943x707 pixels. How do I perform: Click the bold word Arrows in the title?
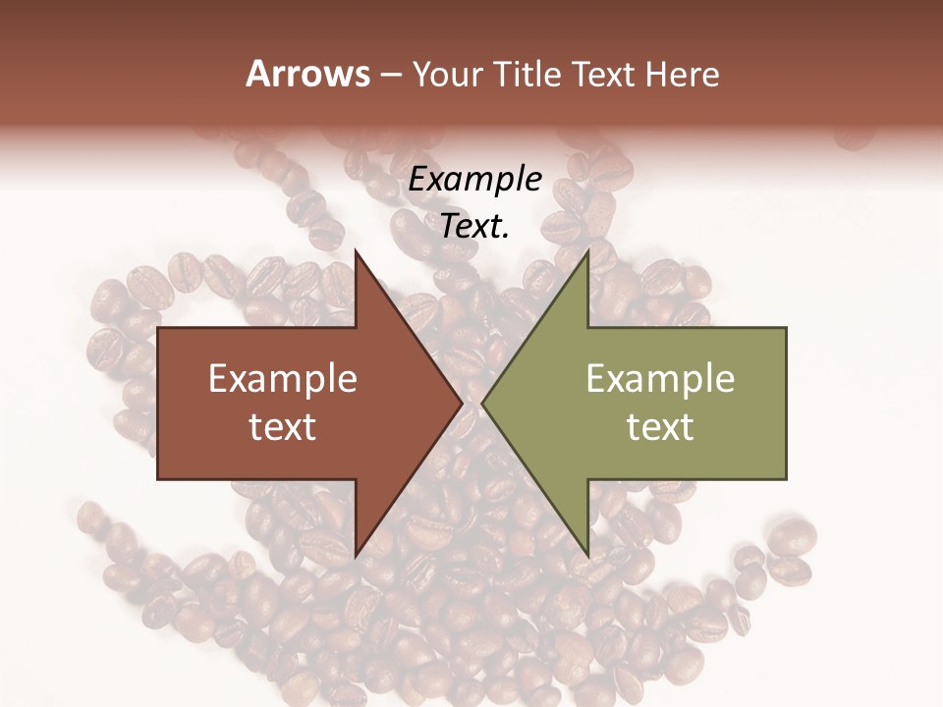pyautogui.click(x=307, y=74)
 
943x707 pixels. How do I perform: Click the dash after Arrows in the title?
pyautogui.click(x=389, y=75)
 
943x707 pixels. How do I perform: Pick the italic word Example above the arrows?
pyautogui.click(x=475, y=179)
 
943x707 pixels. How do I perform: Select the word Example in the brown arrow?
pyautogui.click(x=283, y=379)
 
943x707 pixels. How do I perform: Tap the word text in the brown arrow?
pyautogui.click(x=283, y=426)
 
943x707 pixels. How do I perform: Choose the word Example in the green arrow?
pyautogui.click(x=660, y=379)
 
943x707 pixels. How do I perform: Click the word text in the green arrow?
pyautogui.click(x=660, y=426)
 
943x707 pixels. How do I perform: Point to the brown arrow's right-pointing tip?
pyautogui.click(x=462, y=403)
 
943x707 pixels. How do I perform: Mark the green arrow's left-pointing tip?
pyautogui.click(x=482, y=403)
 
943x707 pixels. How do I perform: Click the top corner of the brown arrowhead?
pyautogui.click(x=356, y=250)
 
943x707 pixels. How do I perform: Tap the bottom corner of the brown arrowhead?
pyautogui.click(x=356, y=556)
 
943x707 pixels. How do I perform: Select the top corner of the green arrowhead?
pyautogui.click(x=587, y=250)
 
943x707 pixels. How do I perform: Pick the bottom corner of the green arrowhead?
pyautogui.click(x=587, y=556)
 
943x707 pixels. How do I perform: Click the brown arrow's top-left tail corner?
pyautogui.click(x=159, y=329)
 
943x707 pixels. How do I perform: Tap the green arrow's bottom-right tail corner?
pyautogui.click(x=785, y=478)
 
